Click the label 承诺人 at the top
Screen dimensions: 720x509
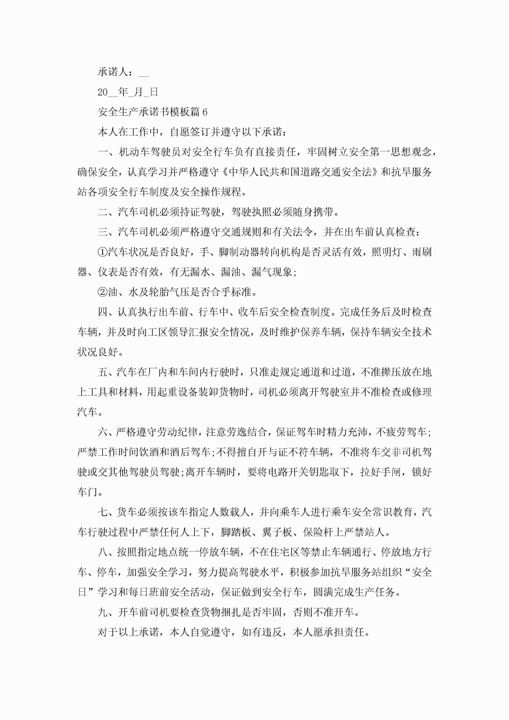[113, 72]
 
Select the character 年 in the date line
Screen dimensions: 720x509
[123, 92]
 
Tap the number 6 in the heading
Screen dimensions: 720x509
[205, 112]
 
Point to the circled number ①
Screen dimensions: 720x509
[103, 252]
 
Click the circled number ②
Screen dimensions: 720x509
[103, 292]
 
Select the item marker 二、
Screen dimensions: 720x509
[108, 212]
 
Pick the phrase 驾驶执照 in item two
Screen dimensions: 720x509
[251, 212]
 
